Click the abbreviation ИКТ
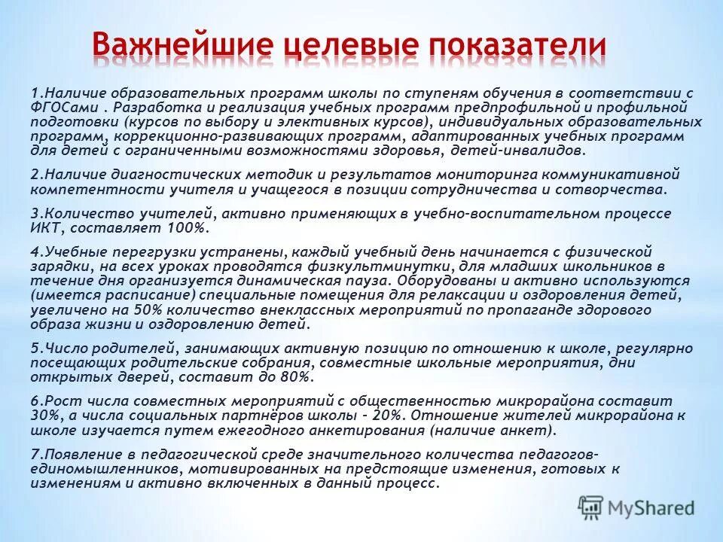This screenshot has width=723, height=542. [42, 227]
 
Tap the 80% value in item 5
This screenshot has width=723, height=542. [290, 376]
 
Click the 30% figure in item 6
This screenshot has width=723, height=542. [42, 416]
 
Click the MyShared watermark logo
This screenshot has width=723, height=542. [636, 507]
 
